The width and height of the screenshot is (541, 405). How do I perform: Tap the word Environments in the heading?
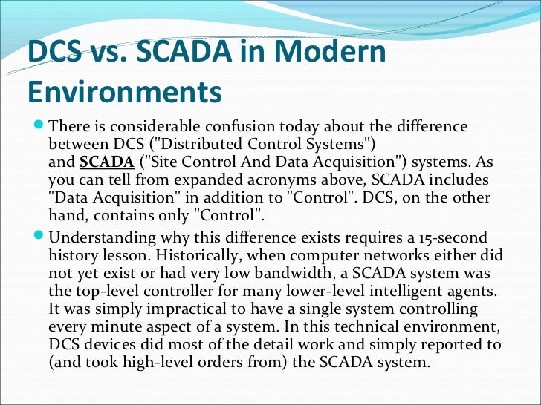pyautogui.click(x=124, y=93)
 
